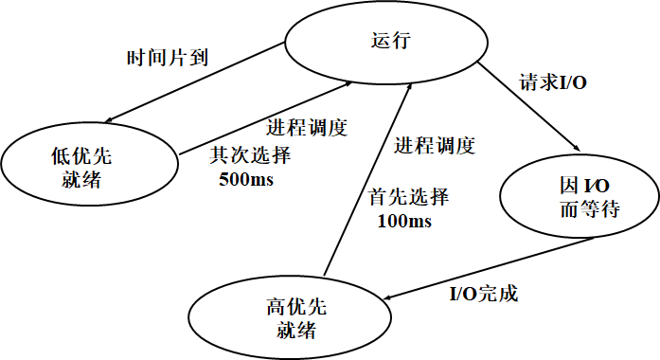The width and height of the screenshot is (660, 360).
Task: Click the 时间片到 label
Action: click(168, 58)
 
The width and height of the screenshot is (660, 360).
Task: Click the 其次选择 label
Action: click(249, 155)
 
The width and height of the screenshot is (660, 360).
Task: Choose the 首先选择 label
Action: click(408, 198)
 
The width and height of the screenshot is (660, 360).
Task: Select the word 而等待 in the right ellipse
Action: click(591, 209)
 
